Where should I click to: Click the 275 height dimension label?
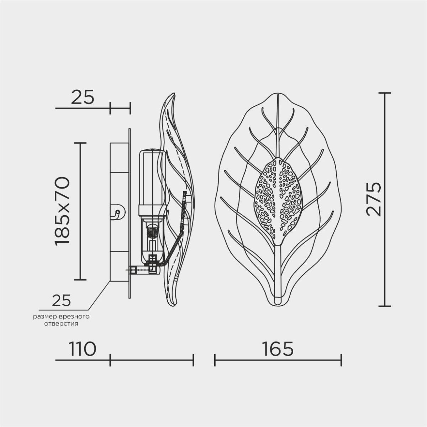374,199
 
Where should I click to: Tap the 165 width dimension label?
278,349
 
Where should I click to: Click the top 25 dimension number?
83,97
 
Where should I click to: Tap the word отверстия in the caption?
61,324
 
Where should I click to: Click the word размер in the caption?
46,317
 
